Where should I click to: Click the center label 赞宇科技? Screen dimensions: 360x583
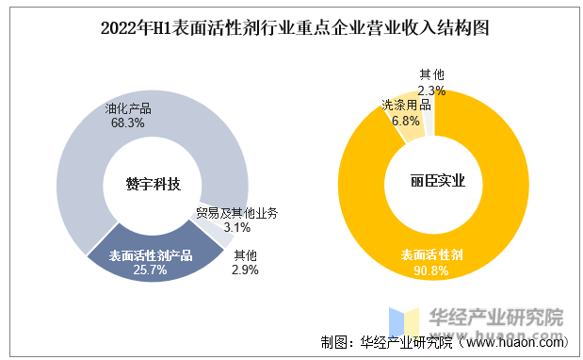(153, 184)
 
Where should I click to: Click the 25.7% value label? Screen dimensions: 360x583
(151, 270)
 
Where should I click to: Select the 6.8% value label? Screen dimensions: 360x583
(406, 122)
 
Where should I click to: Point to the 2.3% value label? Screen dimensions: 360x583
(431, 90)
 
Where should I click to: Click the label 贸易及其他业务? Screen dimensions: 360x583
(236, 213)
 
